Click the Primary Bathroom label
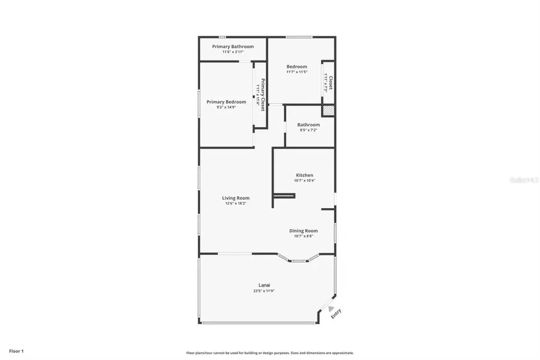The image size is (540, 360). click(x=233, y=47)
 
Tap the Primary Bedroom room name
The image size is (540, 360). click(x=226, y=102)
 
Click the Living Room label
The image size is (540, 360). click(x=236, y=198)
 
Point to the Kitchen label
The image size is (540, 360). click(x=304, y=175)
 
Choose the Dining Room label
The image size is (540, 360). click(x=304, y=230)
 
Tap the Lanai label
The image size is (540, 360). click(x=264, y=285)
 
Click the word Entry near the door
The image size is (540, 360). click(x=336, y=313)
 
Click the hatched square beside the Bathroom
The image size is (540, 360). click(x=328, y=111)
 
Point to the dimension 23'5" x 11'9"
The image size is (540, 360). click(x=264, y=291)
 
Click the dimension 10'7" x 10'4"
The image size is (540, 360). click(x=304, y=181)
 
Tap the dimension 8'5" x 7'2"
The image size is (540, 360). click(x=308, y=130)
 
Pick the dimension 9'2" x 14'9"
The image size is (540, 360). click(x=226, y=107)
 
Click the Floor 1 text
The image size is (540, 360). click(x=16, y=350)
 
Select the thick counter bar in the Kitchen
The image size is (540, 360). click(x=284, y=195)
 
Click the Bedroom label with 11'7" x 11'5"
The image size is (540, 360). click(x=296, y=67)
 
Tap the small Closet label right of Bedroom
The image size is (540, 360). click(x=331, y=82)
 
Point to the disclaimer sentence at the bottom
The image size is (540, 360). click(x=270, y=353)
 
